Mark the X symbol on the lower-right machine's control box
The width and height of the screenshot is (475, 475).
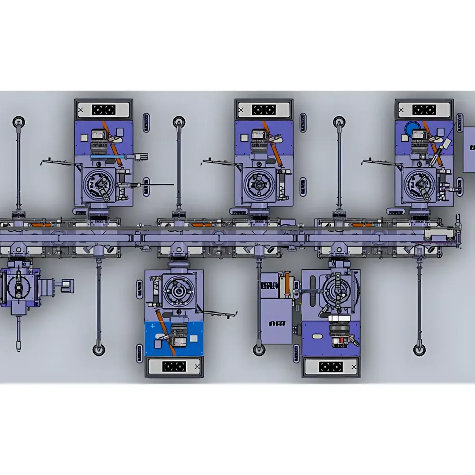[x=353, y=367]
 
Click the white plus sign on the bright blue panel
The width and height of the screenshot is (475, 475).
[x=152, y=327]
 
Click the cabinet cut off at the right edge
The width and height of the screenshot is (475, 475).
[x=469, y=155]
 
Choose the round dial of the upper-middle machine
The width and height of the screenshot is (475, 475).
[x=258, y=183]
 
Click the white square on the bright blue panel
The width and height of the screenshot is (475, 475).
[x=194, y=338]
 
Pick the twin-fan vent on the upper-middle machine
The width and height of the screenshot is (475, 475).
[x=264, y=110]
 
